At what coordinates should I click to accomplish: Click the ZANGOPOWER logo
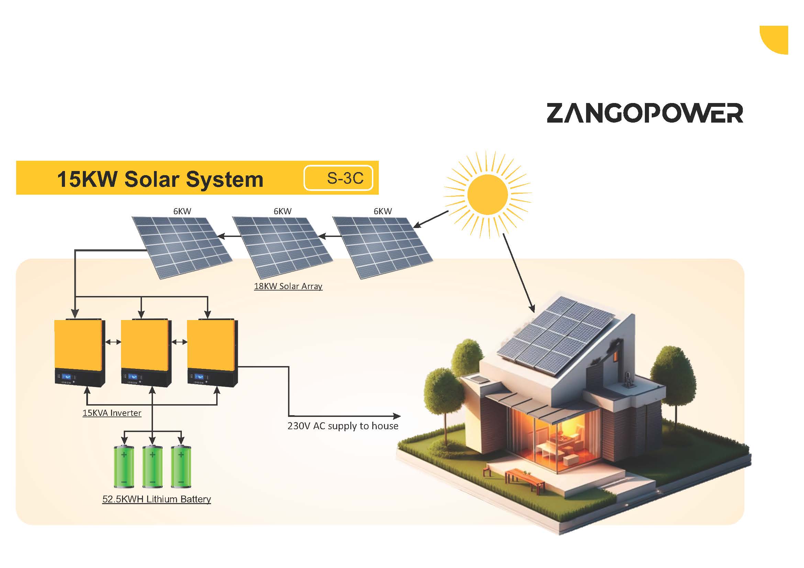click(645, 113)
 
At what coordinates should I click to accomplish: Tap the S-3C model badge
click(338, 178)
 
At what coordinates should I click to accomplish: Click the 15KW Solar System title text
click(160, 179)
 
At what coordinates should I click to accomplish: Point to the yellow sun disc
click(487, 194)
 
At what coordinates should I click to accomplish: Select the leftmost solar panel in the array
click(182, 248)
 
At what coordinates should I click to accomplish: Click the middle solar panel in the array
click(283, 248)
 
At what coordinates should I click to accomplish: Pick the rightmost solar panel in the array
click(383, 248)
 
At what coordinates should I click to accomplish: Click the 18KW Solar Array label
click(288, 286)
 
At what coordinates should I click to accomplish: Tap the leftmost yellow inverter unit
click(80, 352)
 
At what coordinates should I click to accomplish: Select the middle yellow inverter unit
click(146, 352)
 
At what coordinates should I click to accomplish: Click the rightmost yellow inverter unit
click(212, 352)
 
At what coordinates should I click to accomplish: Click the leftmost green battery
click(124, 466)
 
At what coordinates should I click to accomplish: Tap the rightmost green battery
click(181, 466)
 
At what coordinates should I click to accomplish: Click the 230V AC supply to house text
click(343, 425)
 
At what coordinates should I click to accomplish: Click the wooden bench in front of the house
click(525, 479)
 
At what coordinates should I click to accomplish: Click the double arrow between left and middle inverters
click(113, 342)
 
